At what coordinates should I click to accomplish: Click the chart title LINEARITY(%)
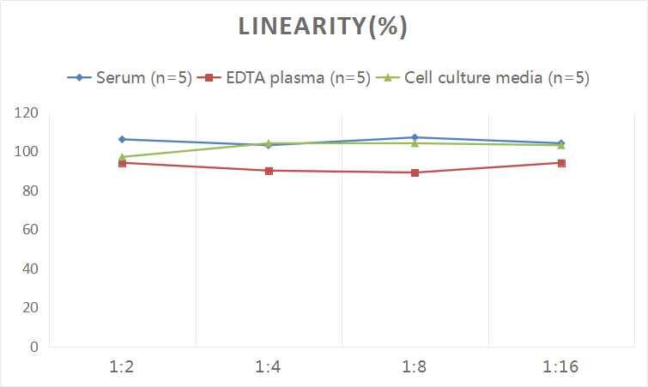coord(323,27)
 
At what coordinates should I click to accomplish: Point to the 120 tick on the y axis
coord(27,112)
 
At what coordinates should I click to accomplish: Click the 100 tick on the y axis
coord(27,152)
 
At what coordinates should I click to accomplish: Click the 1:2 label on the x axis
coord(122,367)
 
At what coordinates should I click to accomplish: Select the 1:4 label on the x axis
coord(269,367)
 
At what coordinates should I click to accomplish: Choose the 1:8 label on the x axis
coord(415,367)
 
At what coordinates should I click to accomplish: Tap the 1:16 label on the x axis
coord(561,367)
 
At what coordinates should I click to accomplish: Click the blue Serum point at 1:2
coord(122,139)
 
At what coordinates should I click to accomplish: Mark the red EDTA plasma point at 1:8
coord(415,172)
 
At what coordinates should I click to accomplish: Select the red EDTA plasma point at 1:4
coord(269,171)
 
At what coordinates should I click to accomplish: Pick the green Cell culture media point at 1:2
coord(122,157)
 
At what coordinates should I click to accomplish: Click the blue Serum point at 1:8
coord(415,137)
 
